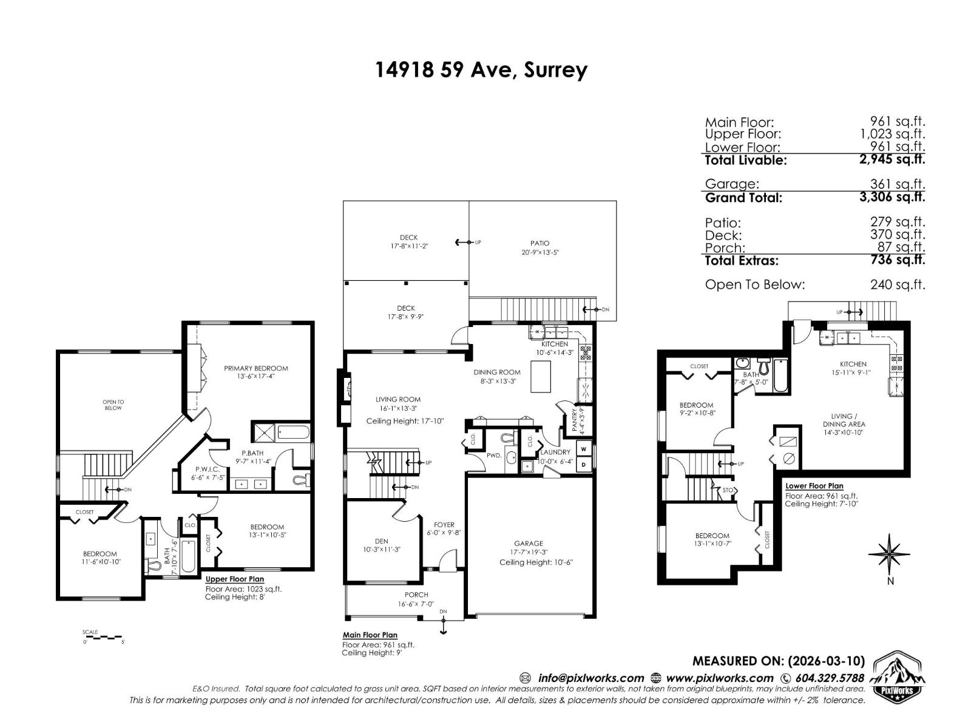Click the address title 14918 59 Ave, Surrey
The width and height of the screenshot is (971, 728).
tap(481, 70)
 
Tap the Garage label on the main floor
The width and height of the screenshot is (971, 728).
tap(529, 544)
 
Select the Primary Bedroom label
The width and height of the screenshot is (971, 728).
tap(255, 368)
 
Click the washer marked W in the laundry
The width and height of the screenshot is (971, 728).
tap(584, 449)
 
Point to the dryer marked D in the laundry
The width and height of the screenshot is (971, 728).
tap(584, 465)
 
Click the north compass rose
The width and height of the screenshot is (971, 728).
tap(889, 554)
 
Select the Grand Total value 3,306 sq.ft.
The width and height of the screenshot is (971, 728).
tap(892, 197)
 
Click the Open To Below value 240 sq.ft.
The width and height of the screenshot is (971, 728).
tap(897, 285)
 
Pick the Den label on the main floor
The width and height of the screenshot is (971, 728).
tap(382, 541)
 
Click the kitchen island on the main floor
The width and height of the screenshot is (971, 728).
tap(542, 376)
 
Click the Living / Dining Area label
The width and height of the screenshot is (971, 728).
tap(844, 420)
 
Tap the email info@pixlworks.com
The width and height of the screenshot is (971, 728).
tap(590, 678)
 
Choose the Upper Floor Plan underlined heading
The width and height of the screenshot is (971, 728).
tap(234, 579)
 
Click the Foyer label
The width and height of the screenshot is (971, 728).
tap(444, 525)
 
